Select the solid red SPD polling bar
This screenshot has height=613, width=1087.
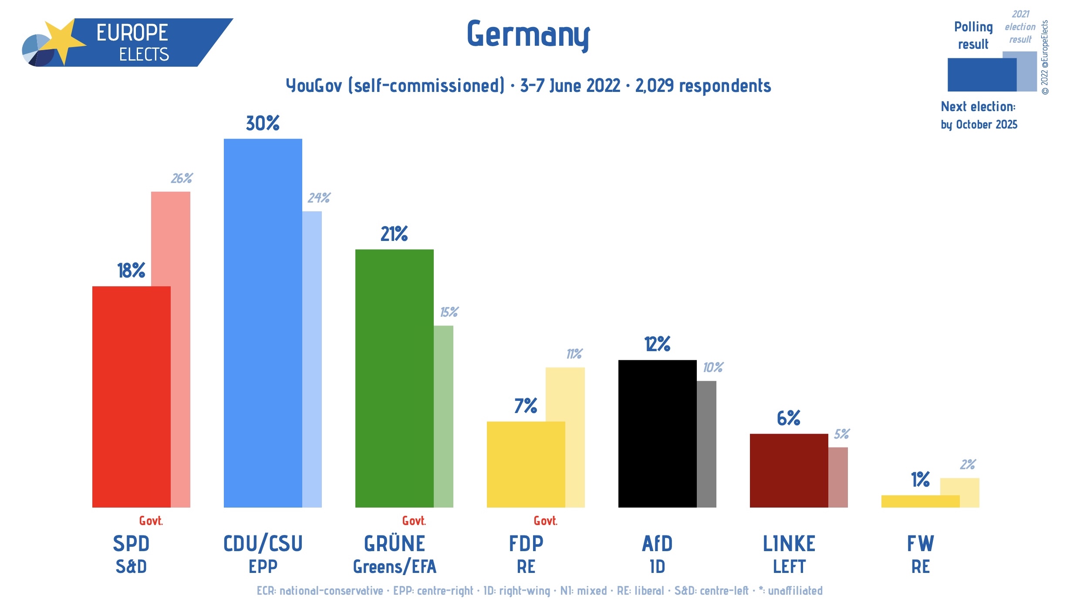coord(131,396)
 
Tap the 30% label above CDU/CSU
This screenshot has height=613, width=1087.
coord(263,123)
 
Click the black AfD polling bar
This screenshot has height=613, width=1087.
coord(657,434)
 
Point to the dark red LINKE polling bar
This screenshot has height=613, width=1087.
coord(789,471)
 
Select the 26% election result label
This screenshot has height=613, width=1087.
coord(182,178)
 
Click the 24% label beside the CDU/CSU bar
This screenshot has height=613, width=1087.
coord(319,198)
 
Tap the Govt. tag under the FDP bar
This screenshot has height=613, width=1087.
coord(545,521)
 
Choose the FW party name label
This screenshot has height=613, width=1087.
coord(920,544)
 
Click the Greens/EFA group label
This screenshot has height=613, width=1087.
coord(395,567)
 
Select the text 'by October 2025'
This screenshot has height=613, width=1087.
coord(979,125)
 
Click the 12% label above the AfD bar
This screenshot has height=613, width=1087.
coord(657,344)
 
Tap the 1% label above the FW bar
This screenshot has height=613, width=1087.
coord(920,480)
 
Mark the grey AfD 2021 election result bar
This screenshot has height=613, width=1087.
coord(706,444)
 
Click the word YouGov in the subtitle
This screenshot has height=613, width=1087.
coord(314,86)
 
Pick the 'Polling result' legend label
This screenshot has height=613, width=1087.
coord(973,35)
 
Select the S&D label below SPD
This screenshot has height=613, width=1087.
coord(131,567)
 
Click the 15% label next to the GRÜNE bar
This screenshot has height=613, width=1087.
coord(449,312)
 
